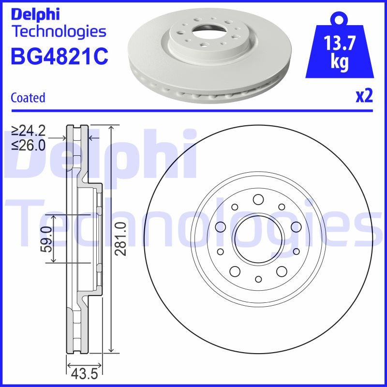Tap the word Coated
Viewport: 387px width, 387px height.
tap(28, 98)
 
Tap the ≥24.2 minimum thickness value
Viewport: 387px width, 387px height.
tap(29, 131)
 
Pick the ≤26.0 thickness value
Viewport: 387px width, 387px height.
tap(29, 145)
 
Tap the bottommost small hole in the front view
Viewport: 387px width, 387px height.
tap(258, 279)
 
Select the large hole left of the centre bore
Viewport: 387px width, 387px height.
tap(221, 226)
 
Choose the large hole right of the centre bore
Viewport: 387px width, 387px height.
tap(296, 226)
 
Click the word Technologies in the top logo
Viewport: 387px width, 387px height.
tap(58, 32)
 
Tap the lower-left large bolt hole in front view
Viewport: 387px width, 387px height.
tap(235, 271)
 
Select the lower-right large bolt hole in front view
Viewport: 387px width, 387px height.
tap(281, 271)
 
